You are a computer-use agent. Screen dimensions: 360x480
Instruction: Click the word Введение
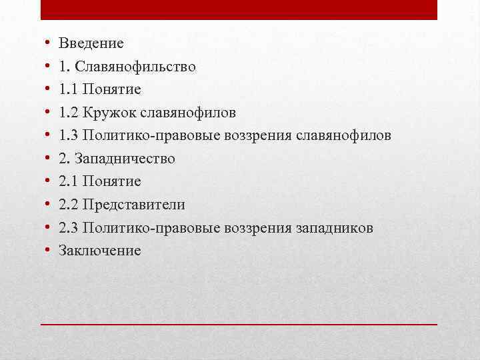point(91,43)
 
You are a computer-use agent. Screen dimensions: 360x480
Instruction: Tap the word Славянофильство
point(136,67)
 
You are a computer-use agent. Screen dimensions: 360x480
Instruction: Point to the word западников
point(333,228)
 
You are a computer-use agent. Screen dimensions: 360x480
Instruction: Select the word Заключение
point(100,251)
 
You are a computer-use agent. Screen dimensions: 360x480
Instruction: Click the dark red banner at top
point(239,9)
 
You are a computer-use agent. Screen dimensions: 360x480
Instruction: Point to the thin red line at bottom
point(239,323)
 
